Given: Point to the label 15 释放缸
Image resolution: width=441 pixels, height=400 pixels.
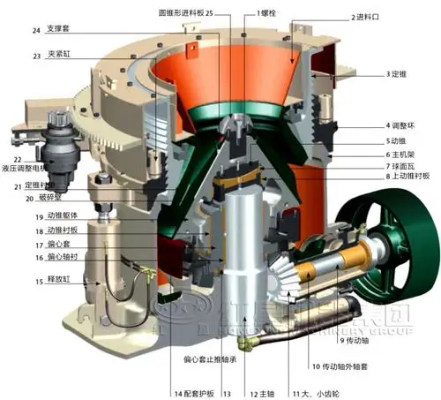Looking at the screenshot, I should (49, 282).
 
